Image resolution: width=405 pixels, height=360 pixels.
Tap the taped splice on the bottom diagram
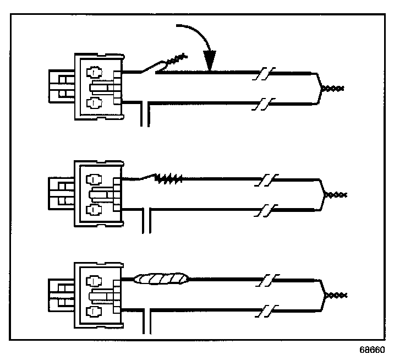(x=162, y=280)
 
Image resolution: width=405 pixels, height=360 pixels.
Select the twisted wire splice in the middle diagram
(x=168, y=178)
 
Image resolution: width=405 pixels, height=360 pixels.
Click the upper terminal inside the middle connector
(x=95, y=179)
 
